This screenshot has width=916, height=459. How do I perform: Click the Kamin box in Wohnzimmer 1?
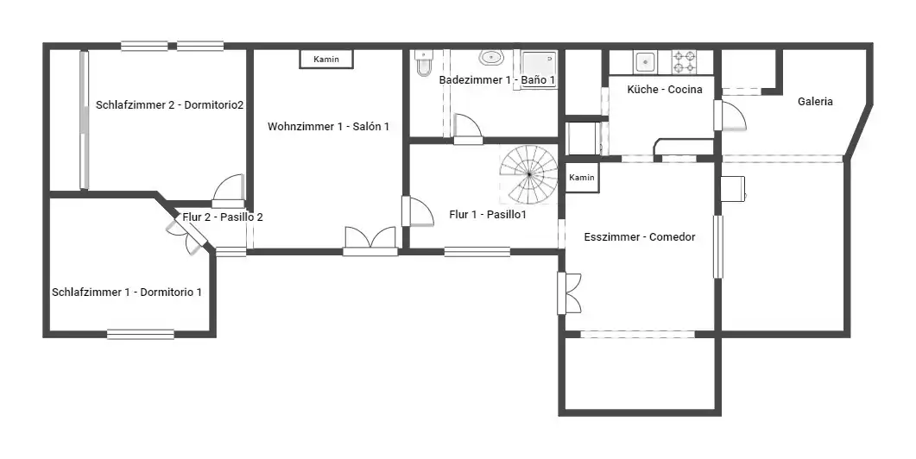click(x=326, y=59)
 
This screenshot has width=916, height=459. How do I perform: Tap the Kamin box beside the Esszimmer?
click(x=581, y=178)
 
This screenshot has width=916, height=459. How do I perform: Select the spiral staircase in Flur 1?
click(x=528, y=174)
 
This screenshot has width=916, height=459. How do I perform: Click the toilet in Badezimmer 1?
click(x=424, y=63)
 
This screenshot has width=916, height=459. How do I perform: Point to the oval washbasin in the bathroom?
click(x=492, y=58)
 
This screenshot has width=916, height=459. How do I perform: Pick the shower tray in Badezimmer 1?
click(x=538, y=70)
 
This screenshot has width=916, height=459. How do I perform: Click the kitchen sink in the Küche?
click(x=645, y=61)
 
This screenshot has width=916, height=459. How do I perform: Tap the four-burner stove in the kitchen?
click(x=685, y=62)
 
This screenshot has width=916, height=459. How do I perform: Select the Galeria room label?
click(x=815, y=102)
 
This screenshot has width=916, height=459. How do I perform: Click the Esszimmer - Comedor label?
click(x=640, y=237)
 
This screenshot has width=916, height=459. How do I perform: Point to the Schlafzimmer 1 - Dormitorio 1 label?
click(x=127, y=292)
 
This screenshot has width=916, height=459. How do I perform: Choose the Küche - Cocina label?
click(x=665, y=90)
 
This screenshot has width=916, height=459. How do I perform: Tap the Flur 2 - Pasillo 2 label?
click(x=223, y=217)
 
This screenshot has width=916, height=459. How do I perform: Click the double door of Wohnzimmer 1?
click(x=370, y=242)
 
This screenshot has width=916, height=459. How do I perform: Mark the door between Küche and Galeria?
click(x=730, y=116)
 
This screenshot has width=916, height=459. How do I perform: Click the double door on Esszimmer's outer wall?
click(x=569, y=293)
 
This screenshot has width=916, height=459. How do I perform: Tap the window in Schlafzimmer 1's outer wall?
click(x=141, y=334)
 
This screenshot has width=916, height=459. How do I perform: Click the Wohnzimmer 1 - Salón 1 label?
click(x=328, y=127)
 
